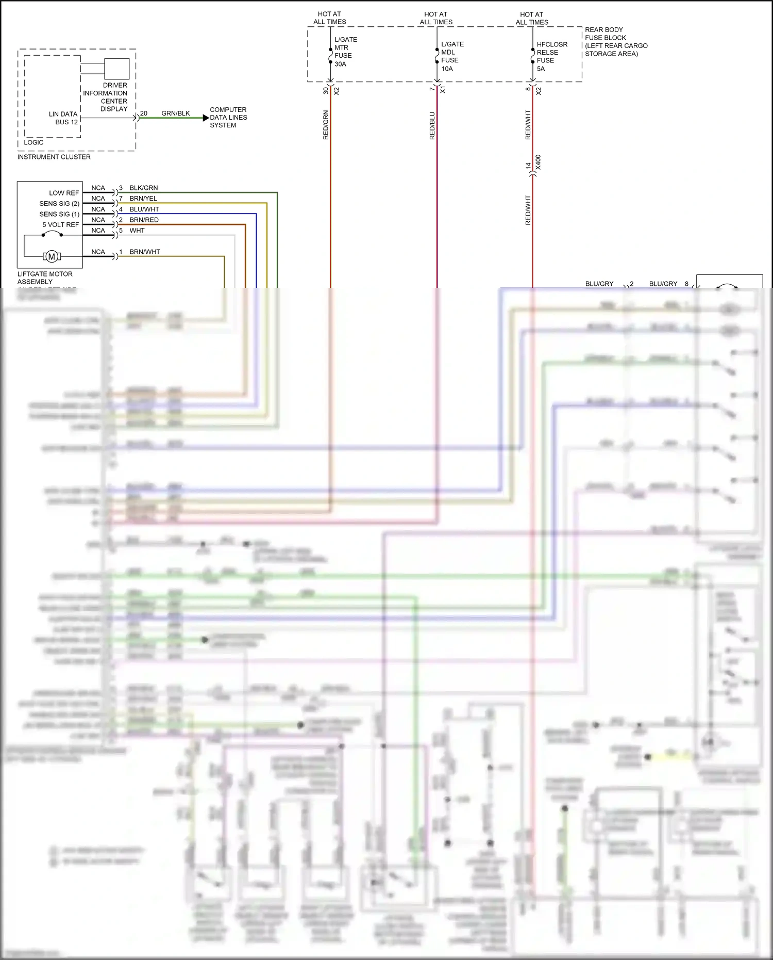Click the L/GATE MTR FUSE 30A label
click(345, 52)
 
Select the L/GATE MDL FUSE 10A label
click(451, 56)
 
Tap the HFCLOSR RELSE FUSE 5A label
click(551, 56)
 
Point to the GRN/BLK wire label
click(175, 113)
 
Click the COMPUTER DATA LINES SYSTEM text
click(228, 117)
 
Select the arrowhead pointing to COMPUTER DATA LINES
click(206, 118)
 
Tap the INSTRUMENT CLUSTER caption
click(54, 157)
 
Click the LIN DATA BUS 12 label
click(64, 118)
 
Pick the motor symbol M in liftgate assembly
click(52, 256)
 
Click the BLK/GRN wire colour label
click(143, 188)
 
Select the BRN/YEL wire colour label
click(143, 199)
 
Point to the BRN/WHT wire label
click(144, 252)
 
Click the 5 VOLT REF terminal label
click(60, 225)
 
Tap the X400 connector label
click(538, 162)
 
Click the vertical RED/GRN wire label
click(326, 125)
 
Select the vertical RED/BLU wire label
click(432, 125)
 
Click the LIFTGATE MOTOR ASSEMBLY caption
click(45, 278)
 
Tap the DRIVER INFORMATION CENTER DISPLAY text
click(106, 97)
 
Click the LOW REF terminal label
click(64, 193)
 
